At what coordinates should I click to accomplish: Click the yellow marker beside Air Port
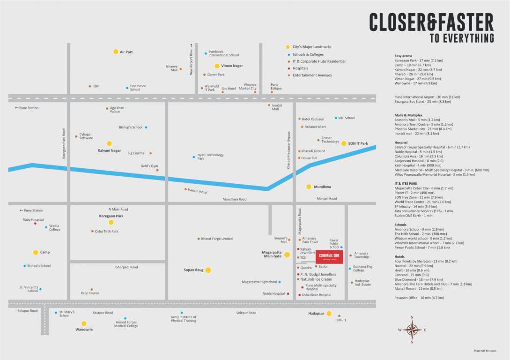[x=116, y=52]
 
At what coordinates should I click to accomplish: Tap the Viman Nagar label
[x=232, y=66]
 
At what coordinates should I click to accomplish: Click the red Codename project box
[x=329, y=257]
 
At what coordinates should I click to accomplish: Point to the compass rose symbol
[x=412, y=330]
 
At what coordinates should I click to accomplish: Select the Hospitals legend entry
[x=300, y=68]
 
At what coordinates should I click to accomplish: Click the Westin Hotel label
[x=198, y=191]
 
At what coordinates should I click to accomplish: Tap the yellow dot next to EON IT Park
[x=343, y=143]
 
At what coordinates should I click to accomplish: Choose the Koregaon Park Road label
[x=64, y=144]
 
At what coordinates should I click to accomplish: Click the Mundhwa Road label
[x=234, y=199]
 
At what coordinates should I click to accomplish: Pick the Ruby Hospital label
[x=33, y=220]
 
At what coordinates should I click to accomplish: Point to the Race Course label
[x=90, y=293]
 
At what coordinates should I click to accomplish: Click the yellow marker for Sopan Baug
[x=208, y=270]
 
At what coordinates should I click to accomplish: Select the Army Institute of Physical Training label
[x=184, y=319]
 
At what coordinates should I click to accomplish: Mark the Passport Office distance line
[x=419, y=298]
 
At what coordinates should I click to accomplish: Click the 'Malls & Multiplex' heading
[x=408, y=115]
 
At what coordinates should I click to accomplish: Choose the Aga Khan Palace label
[x=115, y=110]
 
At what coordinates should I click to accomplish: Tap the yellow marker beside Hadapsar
[x=329, y=314]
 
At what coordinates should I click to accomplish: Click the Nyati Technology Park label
[x=210, y=157]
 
